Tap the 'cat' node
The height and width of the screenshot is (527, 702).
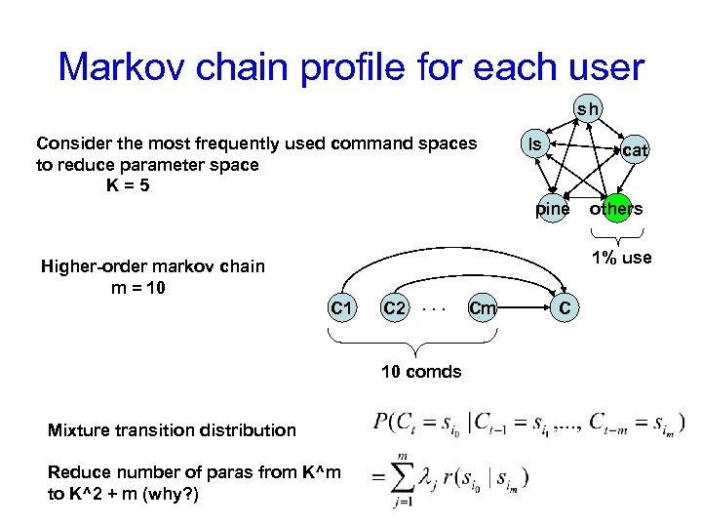click(x=635, y=150)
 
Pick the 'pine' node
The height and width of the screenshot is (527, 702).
click(x=553, y=208)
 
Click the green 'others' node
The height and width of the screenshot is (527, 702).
click(x=615, y=208)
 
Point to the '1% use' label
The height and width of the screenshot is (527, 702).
click(x=622, y=258)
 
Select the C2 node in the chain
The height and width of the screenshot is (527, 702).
click(x=394, y=308)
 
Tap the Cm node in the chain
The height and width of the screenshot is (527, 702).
click(x=483, y=308)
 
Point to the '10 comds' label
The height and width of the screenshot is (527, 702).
click(x=421, y=371)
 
